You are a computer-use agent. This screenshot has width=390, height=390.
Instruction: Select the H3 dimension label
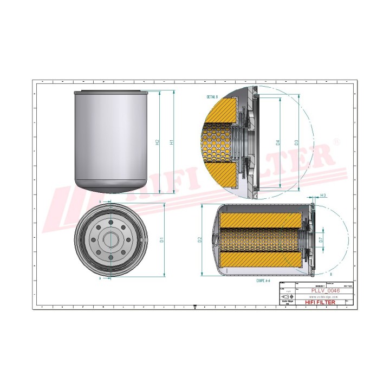pos(323,195)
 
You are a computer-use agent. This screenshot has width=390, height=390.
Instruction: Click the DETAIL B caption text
pos(212,97)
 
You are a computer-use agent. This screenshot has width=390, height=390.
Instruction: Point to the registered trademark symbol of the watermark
pos(337,142)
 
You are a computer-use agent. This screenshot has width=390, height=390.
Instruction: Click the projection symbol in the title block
pos(285,297)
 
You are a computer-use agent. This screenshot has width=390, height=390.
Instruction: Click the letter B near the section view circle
pos(331,274)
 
